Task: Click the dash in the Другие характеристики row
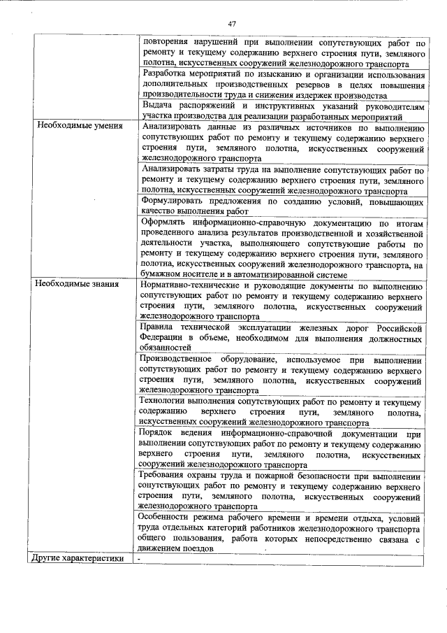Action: (x=140, y=559)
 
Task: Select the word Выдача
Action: (x=156, y=105)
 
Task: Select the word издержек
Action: (x=311, y=95)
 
